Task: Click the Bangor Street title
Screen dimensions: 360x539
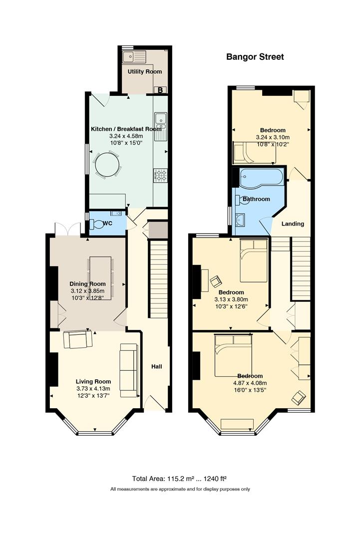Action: click(x=255, y=57)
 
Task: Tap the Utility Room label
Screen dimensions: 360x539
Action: click(x=145, y=71)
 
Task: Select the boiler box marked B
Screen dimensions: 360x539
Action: click(x=160, y=90)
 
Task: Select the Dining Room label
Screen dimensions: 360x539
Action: click(x=88, y=284)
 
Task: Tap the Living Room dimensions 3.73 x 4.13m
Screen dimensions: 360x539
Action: click(x=93, y=389)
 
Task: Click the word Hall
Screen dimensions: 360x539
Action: click(x=157, y=367)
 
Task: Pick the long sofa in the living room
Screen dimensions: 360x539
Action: click(x=129, y=370)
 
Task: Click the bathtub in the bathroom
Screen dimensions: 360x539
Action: click(x=262, y=178)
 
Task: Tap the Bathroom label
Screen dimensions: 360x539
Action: click(x=256, y=199)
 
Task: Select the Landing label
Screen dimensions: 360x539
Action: click(x=293, y=224)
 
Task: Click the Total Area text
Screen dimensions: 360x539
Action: click(x=179, y=479)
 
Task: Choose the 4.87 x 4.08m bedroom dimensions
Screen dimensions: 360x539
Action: click(x=250, y=383)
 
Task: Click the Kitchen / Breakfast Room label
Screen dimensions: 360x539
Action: click(x=126, y=129)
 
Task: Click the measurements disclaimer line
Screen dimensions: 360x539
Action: click(x=180, y=489)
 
